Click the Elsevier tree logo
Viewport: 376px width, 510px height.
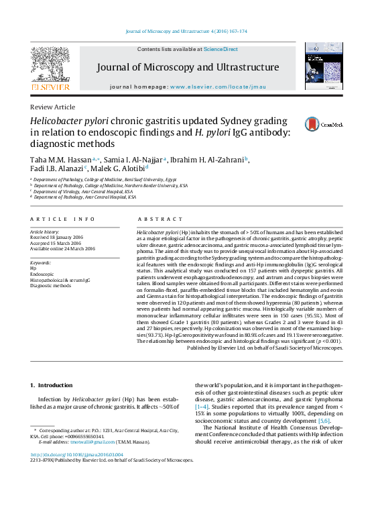point(50,63)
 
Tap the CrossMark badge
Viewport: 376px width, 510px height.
point(324,124)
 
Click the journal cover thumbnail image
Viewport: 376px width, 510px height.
point(323,66)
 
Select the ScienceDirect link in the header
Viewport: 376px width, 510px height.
point(221,49)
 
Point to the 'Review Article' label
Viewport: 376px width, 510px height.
point(53,107)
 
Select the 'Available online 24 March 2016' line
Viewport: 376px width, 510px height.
point(63,248)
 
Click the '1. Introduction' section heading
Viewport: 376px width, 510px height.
point(52,385)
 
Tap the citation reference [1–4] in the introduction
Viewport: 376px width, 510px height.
point(202,407)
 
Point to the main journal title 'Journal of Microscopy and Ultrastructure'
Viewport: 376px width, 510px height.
point(188,68)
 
